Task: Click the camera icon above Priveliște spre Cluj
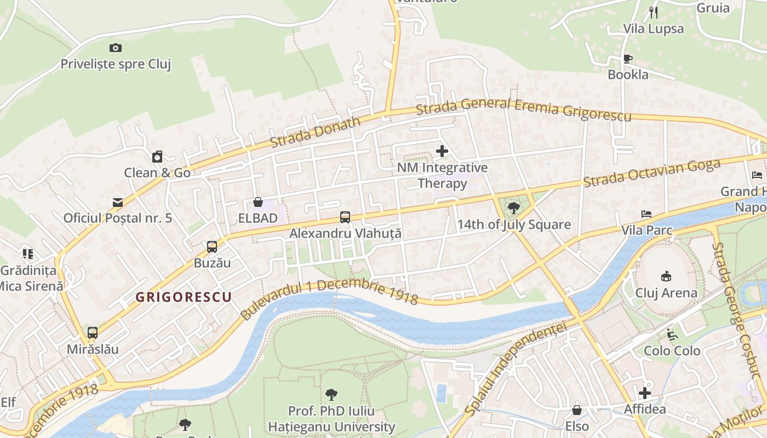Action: point(116,48)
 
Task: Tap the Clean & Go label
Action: point(157,172)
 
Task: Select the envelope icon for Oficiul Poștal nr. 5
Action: point(118,203)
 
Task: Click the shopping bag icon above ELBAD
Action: point(257,203)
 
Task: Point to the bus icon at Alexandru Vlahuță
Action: point(345,217)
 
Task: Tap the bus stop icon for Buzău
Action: point(212,247)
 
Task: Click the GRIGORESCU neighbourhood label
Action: point(184,297)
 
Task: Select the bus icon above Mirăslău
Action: point(93,333)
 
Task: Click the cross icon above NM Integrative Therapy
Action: point(442,151)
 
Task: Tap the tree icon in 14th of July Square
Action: point(513,208)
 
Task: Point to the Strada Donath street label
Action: point(316,132)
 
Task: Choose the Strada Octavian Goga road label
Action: point(651,172)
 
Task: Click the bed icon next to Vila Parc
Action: point(646,214)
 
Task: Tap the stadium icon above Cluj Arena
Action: point(666,276)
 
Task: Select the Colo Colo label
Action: point(672,350)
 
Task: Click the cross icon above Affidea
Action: point(645,393)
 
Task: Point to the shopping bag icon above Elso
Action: point(577,410)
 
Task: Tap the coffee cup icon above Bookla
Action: point(628,59)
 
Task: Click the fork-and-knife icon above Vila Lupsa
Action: point(653,12)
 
